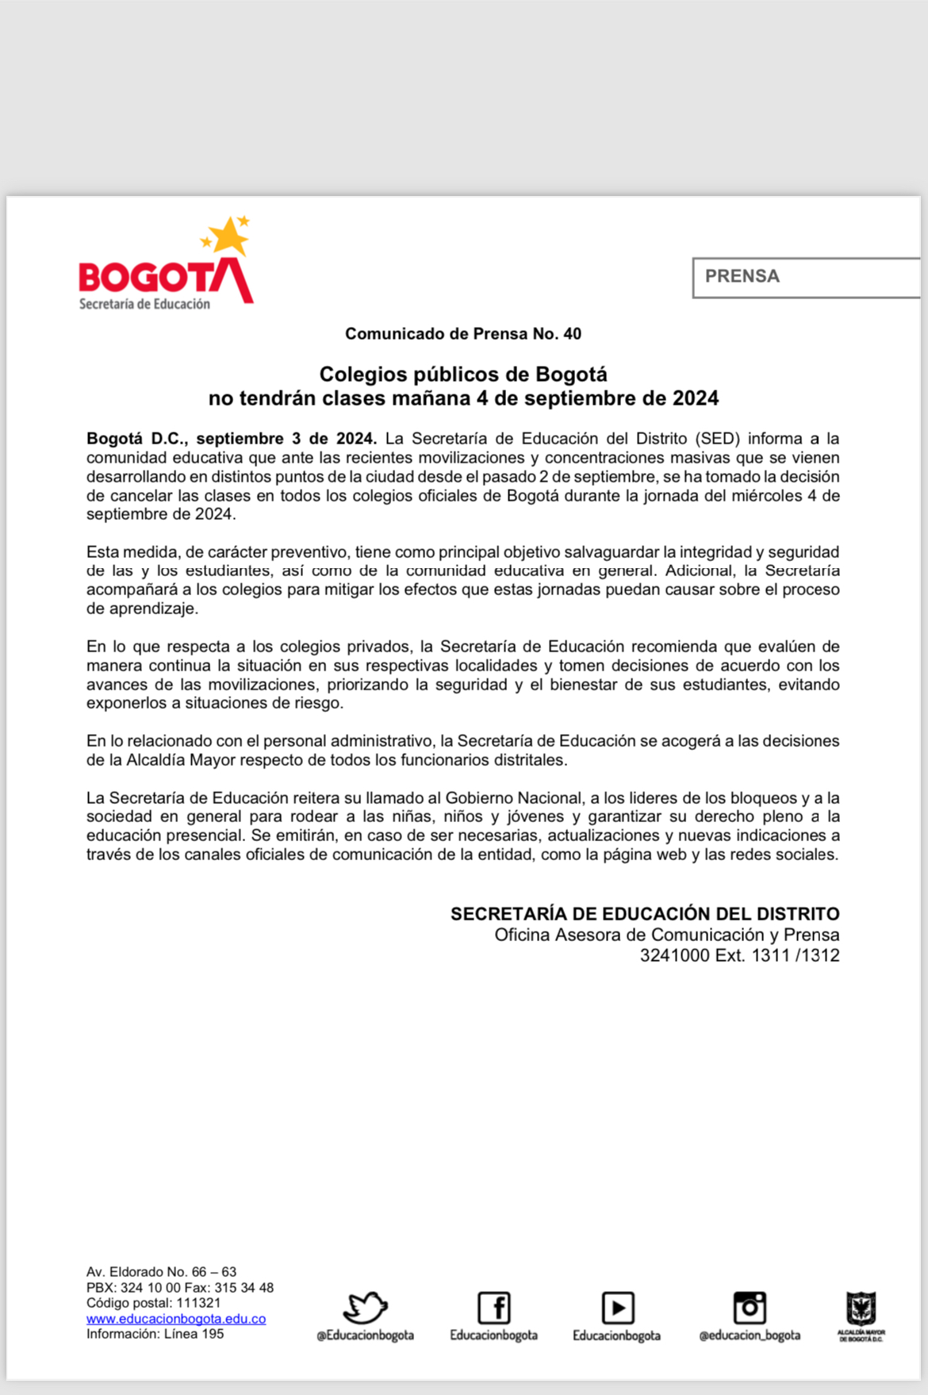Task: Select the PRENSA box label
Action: tap(742, 276)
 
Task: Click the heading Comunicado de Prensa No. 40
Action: tap(463, 334)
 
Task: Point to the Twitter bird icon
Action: tap(365, 1307)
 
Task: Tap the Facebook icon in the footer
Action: tap(494, 1307)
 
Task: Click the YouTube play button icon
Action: tap(617, 1307)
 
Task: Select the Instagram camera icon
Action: tap(750, 1307)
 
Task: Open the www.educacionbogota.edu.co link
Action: tap(176, 1319)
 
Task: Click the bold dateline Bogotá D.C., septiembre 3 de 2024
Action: tap(232, 439)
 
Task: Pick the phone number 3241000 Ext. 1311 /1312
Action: tap(739, 955)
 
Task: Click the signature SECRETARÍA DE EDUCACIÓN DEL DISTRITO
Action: tap(645, 914)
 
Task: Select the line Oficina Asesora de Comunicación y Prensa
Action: tap(666, 935)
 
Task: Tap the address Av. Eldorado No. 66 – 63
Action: tap(161, 1272)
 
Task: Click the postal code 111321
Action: tap(198, 1303)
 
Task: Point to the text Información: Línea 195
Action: tap(155, 1334)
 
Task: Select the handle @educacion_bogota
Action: tap(750, 1335)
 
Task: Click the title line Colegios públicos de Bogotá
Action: tap(463, 375)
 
